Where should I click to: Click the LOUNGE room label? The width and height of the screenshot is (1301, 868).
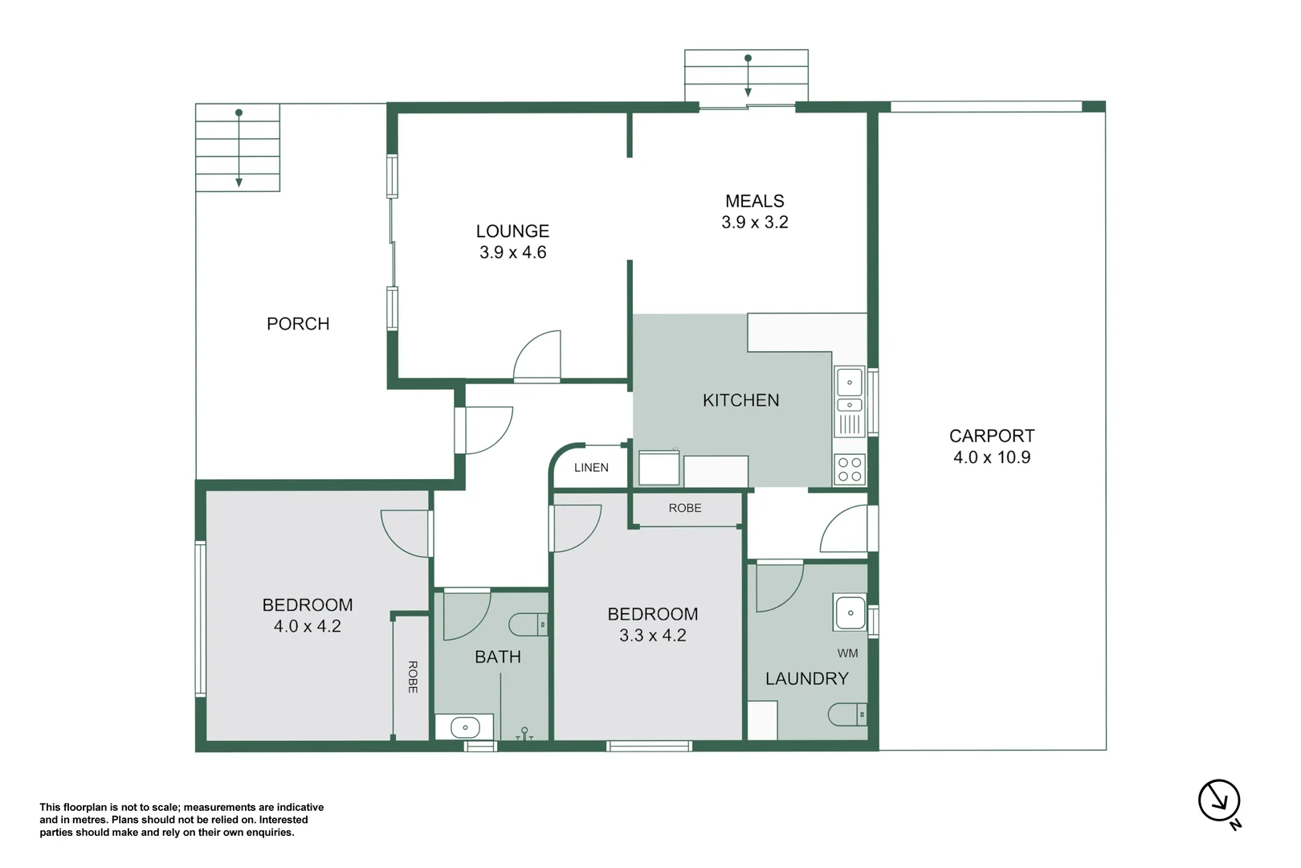pyautogui.click(x=512, y=231)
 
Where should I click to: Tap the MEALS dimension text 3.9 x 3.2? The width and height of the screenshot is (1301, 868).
pyautogui.click(x=754, y=223)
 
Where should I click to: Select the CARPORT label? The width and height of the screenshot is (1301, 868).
pyautogui.click(x=991, y=436)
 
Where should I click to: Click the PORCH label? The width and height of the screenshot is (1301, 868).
pyautogui.click(x=298, y=324)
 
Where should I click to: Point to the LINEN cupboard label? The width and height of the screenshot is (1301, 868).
pyautogui.click(x=591, y=468)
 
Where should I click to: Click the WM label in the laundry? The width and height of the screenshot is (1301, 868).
pyautogui.click(x=847, y=653)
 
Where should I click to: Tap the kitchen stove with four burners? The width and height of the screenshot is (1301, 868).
pyautogui.click(x=850, y=469)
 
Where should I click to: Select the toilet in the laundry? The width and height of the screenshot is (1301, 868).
pyautogui.click(x=848, y=714)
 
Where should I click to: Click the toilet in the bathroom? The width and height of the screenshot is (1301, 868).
pyautogui.click(x=528, y=624)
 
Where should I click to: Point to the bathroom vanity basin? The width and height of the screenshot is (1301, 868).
pyautogui.click(x=465, y=728)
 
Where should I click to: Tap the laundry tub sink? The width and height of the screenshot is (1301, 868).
pyautogui.click(x=850, y=613)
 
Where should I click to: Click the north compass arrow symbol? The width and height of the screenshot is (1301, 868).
pyautogui.click(x=1219, y=800)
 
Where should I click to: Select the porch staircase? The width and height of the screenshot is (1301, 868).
pyautogui.click(x=239, y=148)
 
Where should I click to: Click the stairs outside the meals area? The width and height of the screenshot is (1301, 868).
pyautogui.click(x=747, y=76)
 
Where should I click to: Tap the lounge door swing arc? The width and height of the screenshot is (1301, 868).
pyautogui.click(x=537, y=354)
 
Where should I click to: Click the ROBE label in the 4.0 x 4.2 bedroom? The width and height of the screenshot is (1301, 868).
pyautogui.click(x=412, y=677)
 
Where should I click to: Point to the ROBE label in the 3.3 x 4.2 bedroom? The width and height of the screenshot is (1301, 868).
pyautogui.click(x=685, y=508)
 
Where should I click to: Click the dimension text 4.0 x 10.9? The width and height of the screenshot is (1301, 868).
pyautogui.click(x=991, y=457)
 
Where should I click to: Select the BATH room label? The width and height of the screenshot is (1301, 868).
pyautogui.click(x=498, y=657)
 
